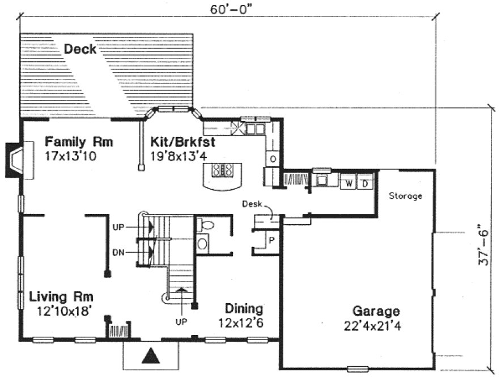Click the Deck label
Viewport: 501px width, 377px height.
tap(80, 49)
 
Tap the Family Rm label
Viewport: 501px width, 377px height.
tap(79, 141)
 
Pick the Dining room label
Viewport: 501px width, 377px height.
tap(243, 309)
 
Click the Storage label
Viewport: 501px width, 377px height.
tap(405, 196)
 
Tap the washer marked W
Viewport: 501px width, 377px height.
tap(349, 183)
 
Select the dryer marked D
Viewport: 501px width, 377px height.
tap(365, 183)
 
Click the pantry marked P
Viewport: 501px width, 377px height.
tap(271, 240)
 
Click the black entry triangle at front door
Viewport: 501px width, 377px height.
tap(150, 356)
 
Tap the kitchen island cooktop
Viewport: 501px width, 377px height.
tap(222, 169)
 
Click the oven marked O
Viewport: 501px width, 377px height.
tap(273, 160)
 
